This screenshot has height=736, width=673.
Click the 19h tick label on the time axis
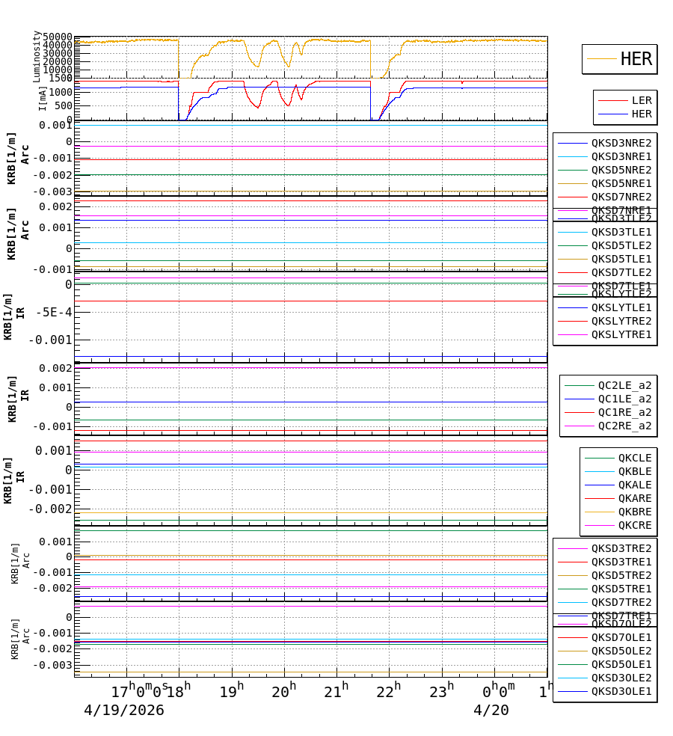tap(232, 692)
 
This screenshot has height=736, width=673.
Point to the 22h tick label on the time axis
tap(389, 692)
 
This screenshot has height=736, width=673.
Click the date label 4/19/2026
tap(124, 711)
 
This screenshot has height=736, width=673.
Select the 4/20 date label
tap(491, 711)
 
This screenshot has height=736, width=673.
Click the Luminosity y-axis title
tap(37, 56)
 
